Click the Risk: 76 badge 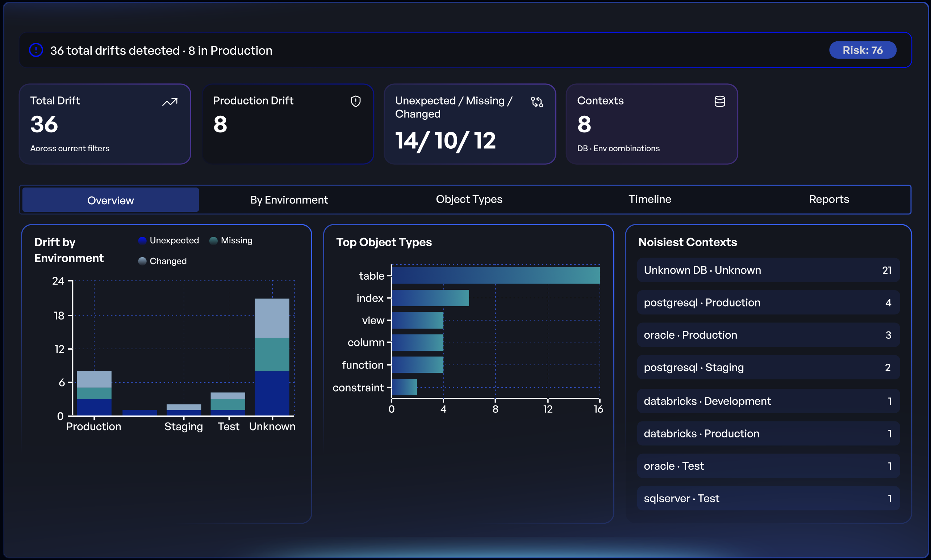click(863, 50)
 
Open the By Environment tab click(289, 199)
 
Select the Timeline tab click(650, 199)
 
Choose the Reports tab click(829, 199)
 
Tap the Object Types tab click(469, 199)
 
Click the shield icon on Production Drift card click(355, 101)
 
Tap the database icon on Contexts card click(719, 101)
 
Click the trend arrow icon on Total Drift click(170, 102)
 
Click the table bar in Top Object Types click(496, 276)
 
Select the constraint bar click(404, 387)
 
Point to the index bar click(430, 298)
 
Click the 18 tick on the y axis click(59, 316)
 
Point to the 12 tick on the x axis click(547, 409)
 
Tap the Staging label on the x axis click(184, 427)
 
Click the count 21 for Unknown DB click(886, 270)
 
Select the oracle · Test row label click(673, 466)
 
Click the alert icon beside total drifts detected click(36, 50)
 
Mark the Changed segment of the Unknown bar click(272, 318)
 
